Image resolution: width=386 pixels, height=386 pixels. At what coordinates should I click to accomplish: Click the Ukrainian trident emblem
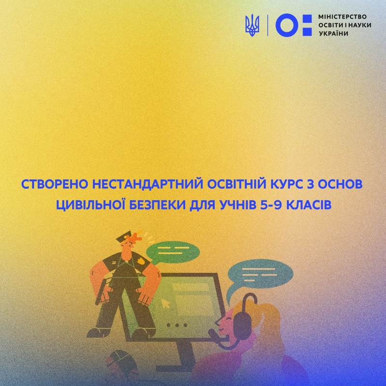click(x=252, y=26)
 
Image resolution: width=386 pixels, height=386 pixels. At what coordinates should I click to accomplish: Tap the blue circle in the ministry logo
click(x=287, y=26)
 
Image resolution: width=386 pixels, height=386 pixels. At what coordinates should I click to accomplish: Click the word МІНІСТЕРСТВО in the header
click(x=343, y=17)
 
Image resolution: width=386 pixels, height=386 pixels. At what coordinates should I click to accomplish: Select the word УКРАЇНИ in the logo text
click(x=333, y=33)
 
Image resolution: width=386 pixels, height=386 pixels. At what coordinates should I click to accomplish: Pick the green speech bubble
click(x=173, y=252)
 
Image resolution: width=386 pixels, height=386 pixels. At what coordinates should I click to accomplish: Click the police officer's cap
click(x=124, y=236)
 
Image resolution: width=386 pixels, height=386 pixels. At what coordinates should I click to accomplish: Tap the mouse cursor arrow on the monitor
click(x=165, y=303)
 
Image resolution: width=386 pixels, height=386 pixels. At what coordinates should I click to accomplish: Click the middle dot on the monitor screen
click(x=177, y=325)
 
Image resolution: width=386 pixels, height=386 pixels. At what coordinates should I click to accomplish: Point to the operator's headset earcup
click(x=243, y=323)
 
